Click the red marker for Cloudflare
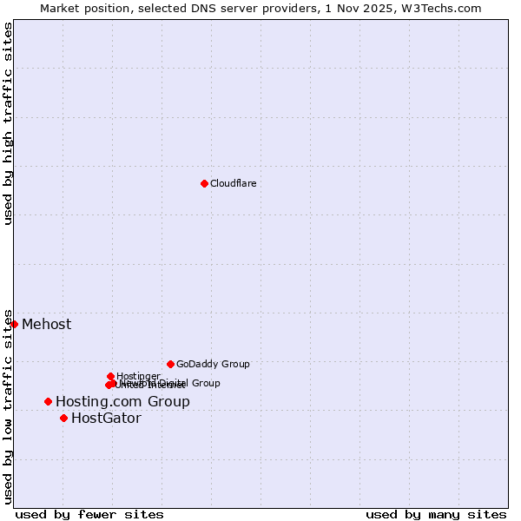point(204,183)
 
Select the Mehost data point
point(14,324)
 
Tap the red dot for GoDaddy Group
point(170,364)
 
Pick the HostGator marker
point(63,418)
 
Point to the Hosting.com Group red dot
point(48,401)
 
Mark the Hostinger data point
point(110,376)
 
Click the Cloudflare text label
point(233,183)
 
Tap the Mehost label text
point(46,325)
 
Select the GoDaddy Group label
point(213,364)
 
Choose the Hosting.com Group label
point(122,401)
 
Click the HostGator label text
point(106,418)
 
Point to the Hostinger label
point(138,376)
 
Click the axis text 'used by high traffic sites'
point(8,123)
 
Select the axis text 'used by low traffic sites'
point(8,406)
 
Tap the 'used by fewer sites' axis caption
point(89,514)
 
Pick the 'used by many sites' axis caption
point(436,514)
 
